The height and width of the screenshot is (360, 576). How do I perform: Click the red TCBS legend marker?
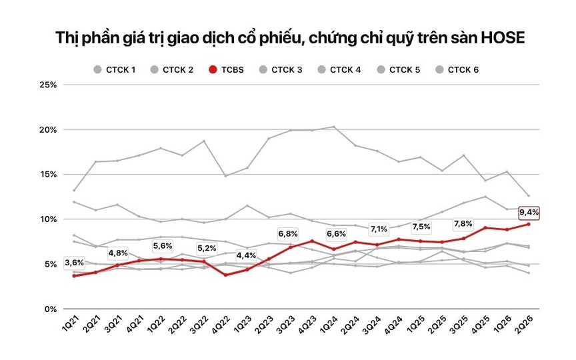tap(213, 70)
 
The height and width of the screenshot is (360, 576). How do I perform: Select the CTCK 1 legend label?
tap(121, 70)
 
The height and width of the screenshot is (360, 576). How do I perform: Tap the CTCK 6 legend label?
tap(463, 70)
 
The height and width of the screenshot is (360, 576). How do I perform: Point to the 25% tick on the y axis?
tap(48, 85)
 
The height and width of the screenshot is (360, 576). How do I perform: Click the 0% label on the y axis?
tap(51, 309)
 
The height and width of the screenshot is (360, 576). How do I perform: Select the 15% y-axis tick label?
tap(48, 175)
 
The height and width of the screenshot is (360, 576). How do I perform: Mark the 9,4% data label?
tap(529, 212)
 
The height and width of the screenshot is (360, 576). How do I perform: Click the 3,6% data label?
tap(74, 263)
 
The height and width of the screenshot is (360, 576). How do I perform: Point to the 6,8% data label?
tap(288, 234)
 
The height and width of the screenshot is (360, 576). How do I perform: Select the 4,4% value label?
tap(246, 255)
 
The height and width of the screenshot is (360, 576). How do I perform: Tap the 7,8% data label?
tap(463, 224)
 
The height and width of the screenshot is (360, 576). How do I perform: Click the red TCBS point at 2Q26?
tap(529, 224)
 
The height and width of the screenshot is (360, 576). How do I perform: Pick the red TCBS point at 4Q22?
tap(225, 275)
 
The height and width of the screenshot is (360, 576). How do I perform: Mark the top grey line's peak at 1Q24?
tap(333, 127)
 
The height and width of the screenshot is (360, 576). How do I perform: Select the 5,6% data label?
tap(163, 246)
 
